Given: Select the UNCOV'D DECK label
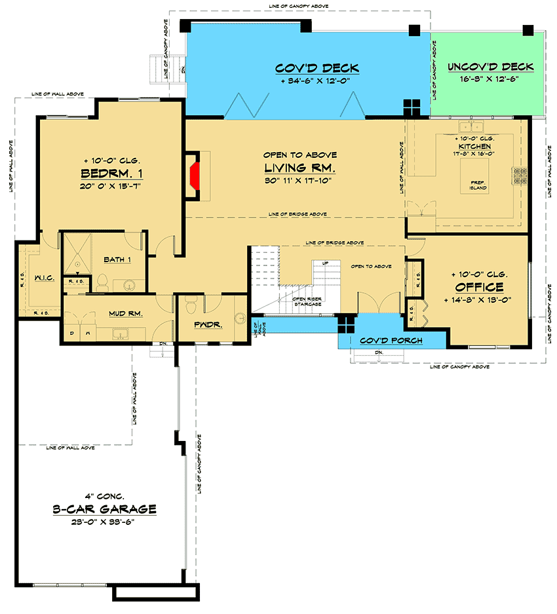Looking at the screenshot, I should point(490,67).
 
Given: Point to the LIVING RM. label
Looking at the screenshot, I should point(300,168).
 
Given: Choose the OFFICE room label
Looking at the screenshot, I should point(480,287).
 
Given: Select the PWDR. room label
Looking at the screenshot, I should point(207,324).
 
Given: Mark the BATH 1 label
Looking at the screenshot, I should point(118,260).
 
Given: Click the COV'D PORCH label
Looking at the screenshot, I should point(391,341).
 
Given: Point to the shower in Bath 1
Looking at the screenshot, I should point(77,254).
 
